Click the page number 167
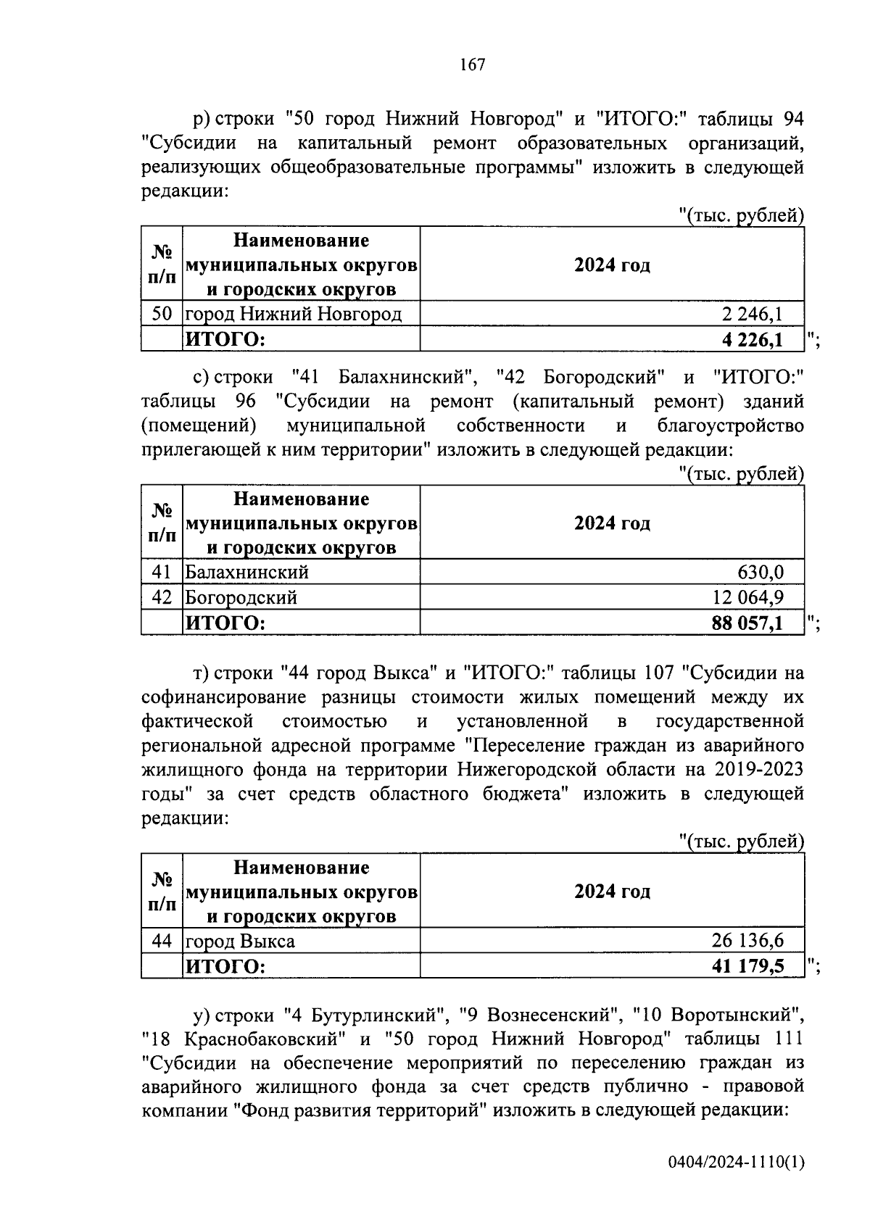point(472,65)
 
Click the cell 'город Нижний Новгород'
point(293,314)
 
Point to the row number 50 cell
point(162,314)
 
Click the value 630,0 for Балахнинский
point(761,572)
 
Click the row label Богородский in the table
point(241,597)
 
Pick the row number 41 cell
point(162,572)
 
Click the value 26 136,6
point(748,941)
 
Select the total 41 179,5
point(748,966)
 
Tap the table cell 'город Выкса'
point(240,941)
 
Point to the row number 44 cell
point(162,941)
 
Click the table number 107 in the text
point(658,673)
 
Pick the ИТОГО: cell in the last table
point(226,966)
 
